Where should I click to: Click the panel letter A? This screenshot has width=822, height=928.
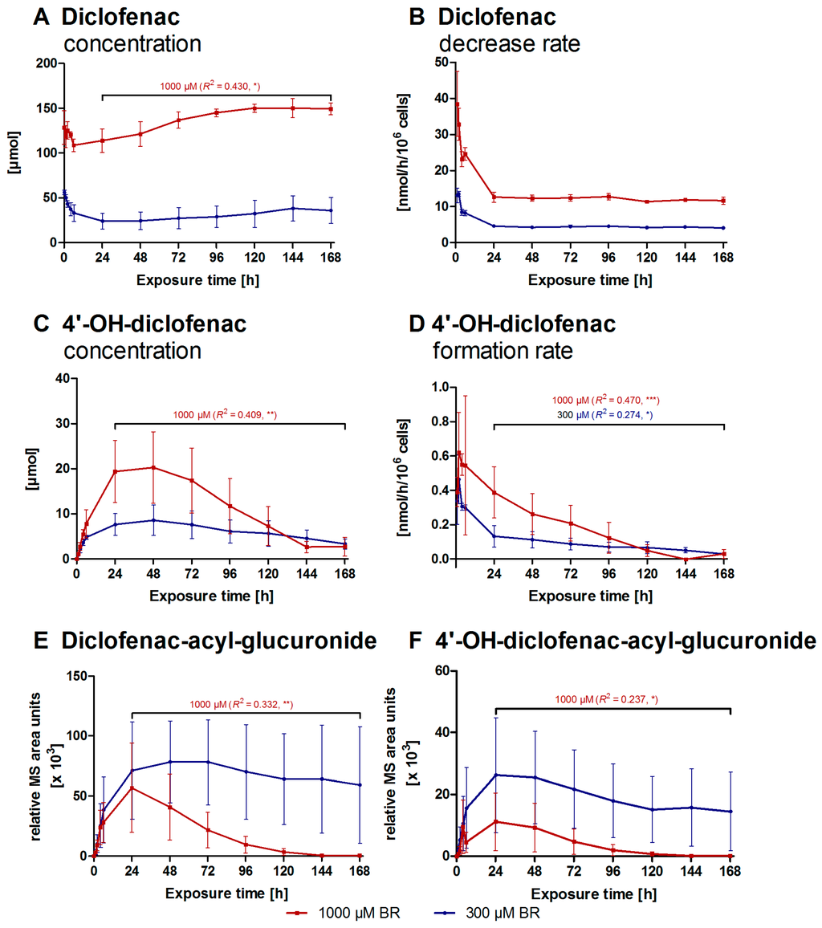[39, 17]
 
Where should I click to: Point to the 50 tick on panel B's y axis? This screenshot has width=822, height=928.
[440, 62]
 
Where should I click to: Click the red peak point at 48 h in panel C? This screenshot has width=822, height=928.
[153, 467]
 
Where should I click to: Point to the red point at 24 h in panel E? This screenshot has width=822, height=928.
[132, 788]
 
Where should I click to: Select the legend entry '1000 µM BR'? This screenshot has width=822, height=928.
[336, 914]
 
